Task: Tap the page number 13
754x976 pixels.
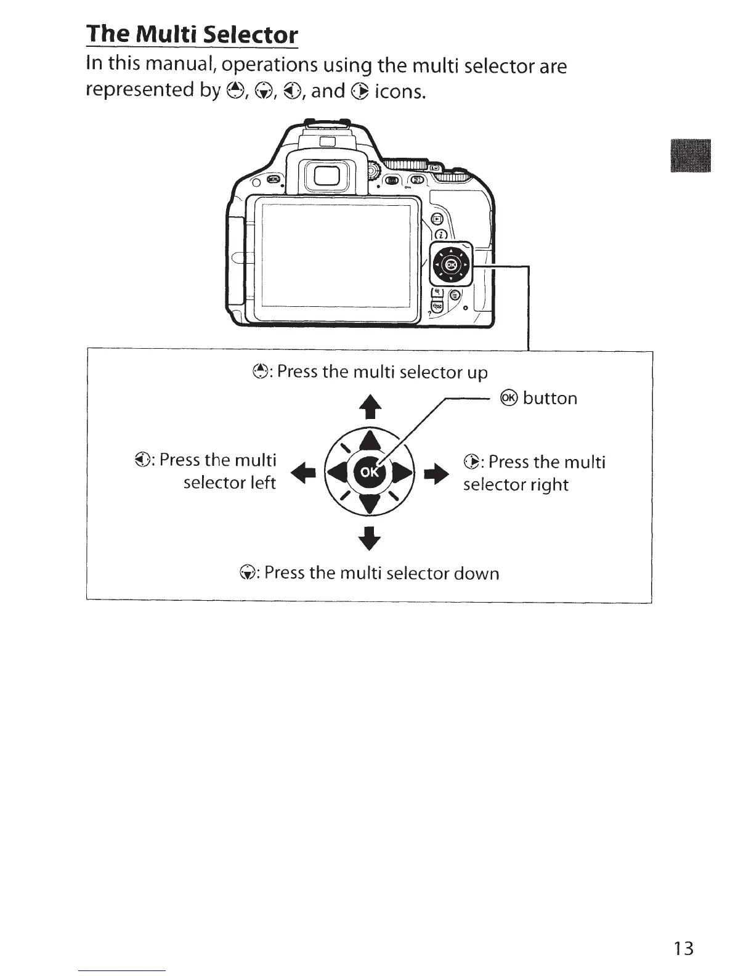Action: (x=683, y=948)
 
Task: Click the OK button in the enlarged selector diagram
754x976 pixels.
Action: (x=368, y=473)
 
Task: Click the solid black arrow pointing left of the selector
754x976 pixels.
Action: (x=307, y=473)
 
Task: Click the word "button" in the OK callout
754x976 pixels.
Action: (x=550, y=399)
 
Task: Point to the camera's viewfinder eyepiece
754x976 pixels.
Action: (x=324, y=178)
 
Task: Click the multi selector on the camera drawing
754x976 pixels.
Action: (x=451, y=265)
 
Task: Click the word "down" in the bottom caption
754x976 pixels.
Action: (x=476, y=574)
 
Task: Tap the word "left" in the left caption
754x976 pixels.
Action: (x=263, y=482)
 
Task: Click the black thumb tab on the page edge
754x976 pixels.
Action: (x=694, y=157)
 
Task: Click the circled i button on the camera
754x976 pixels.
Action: (x=441, y=234)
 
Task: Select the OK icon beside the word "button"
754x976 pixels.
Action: (x=509, y=398)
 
